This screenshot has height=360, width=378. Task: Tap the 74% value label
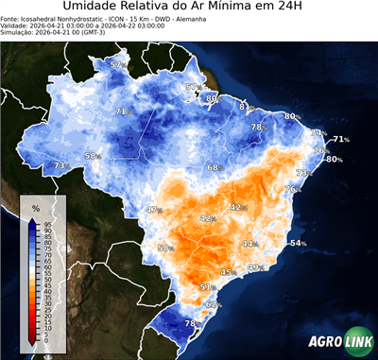(x=318, y=133)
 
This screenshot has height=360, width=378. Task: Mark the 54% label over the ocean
(x=298, y=244)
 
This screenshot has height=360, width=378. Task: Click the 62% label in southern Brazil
(x=213, y=304)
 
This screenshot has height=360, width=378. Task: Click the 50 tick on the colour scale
(x=46, y=278)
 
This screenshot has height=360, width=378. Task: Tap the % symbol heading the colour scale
(x=35, y=207)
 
